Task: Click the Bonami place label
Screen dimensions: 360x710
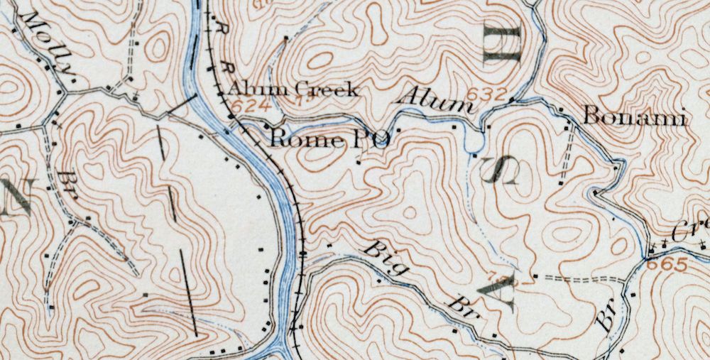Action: point(634,117)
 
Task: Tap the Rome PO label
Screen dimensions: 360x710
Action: point(329,139)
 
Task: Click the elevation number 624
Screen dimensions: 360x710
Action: point(243,104)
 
